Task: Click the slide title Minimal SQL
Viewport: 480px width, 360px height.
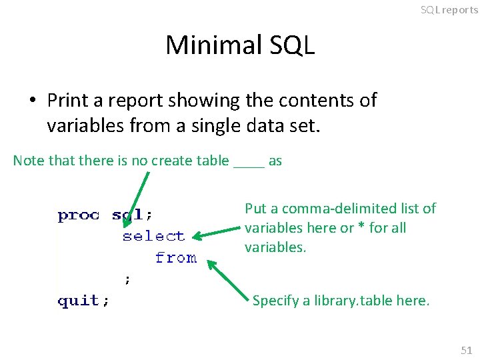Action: click(240, 45)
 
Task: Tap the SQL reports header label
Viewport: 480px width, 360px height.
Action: click(449, 10)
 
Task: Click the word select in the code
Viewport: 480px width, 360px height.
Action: click(153, 236)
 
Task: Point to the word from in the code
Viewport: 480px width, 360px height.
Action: click(175, 257)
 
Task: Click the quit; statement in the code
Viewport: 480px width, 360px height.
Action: click(84, 301)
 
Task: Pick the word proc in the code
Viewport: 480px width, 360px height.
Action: click(79, 215)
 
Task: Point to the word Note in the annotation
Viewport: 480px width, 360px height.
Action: click(28, 160)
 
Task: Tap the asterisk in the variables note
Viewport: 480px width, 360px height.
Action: click(361, 228)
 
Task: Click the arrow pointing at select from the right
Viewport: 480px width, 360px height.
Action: click(217, 231)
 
